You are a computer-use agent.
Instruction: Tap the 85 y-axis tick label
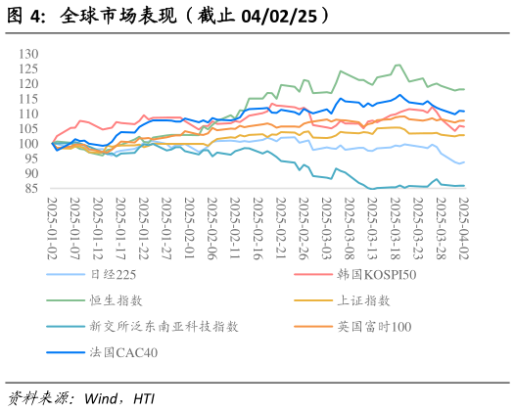click(x=30, y=189)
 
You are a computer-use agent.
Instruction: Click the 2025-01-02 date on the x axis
click(x=54, y=222)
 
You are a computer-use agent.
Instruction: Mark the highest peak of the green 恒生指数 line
click(x=397, y=65)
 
